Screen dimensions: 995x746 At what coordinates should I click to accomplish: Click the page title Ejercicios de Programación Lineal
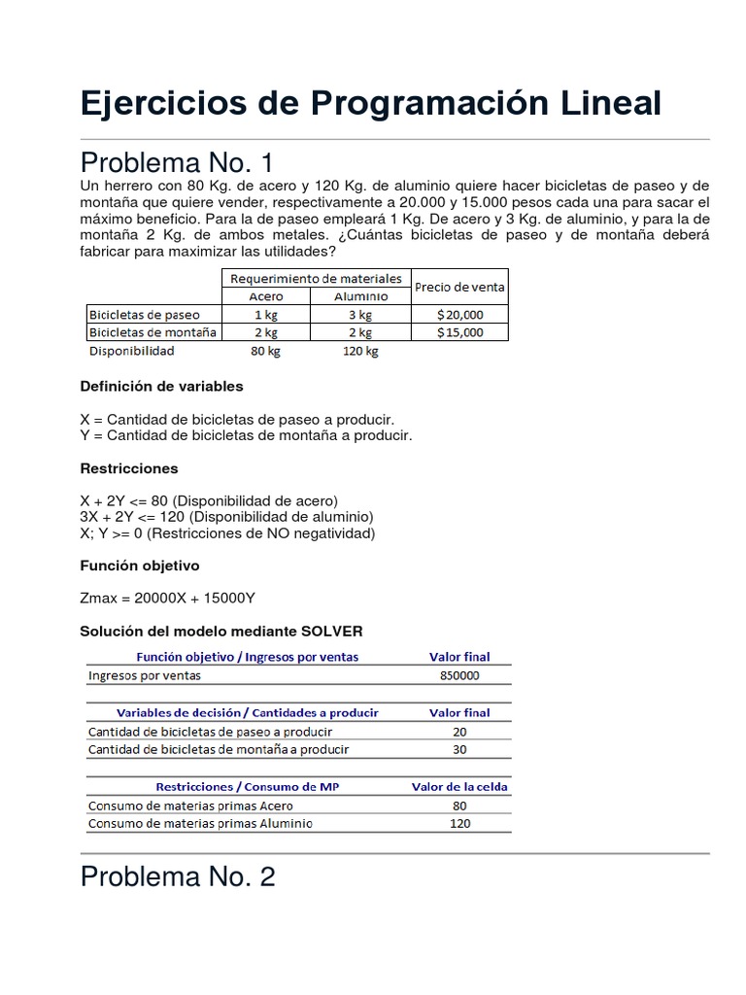[371, 102]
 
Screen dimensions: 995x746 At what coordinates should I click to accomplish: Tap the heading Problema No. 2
[178, 877]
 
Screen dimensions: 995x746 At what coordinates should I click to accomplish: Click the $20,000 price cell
[459, 315]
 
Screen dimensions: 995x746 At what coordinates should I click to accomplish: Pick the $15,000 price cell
[459, 332]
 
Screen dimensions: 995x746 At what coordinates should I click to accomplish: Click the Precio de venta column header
[459, 288]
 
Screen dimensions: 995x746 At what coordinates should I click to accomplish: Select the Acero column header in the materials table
[266, 296]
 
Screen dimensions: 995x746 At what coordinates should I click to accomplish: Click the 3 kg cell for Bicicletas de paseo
[359, 315]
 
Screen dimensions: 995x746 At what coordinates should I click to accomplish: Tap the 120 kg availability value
[359, 351]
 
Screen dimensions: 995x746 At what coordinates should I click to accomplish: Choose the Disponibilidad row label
[131, 351]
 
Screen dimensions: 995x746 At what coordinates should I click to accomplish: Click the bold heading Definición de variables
[161, 387]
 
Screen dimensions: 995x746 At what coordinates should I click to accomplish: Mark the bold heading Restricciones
[129, 468]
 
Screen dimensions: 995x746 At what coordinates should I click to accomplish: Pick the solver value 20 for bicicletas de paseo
[459, 732]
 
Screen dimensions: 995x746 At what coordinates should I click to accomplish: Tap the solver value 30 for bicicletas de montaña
[459, 749]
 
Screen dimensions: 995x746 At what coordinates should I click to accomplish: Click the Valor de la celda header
[459, 786]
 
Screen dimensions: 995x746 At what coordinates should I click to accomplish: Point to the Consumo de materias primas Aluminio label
[200, 824]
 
